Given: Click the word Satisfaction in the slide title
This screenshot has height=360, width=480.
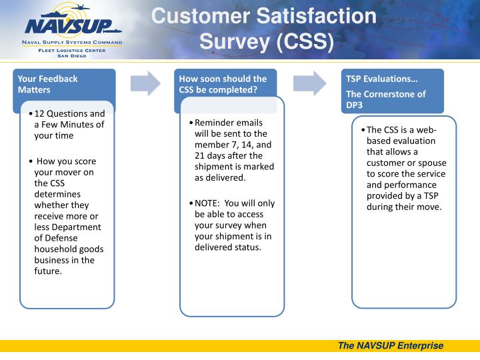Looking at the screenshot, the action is tap(316, 16).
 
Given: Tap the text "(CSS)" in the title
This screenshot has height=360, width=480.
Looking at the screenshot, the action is tap(305, 41).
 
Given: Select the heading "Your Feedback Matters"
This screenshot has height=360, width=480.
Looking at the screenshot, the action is tap(47, 84).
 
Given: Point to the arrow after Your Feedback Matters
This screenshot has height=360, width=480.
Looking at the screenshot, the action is tap(145, 83).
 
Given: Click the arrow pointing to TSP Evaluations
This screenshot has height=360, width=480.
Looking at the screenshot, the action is tap(309, 83).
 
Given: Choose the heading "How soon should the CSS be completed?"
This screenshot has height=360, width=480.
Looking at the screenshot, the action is tap(223, 84).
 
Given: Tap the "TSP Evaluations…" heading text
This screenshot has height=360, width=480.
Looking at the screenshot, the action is tap(382, 79).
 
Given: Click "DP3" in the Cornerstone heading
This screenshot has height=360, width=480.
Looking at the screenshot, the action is tap(354, 105).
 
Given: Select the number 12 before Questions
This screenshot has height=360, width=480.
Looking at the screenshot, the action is tap(39, 114).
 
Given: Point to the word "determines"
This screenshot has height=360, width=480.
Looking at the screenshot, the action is tap(57, 195).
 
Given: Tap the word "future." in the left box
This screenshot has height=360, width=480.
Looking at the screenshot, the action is tap(48, 271).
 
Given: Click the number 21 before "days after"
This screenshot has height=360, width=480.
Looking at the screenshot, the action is tap(199, 156).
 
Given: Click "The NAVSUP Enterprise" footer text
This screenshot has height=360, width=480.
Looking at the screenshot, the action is tap(391, 345).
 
